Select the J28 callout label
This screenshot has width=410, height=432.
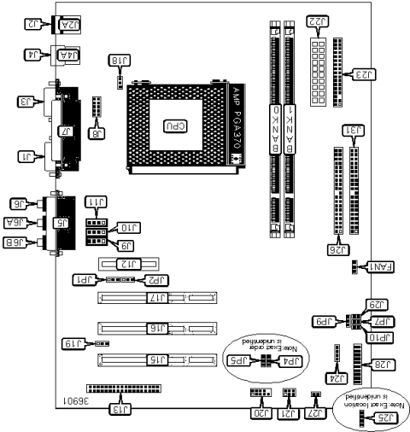tap(383, 365)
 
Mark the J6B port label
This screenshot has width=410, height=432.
tap(20, 242)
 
